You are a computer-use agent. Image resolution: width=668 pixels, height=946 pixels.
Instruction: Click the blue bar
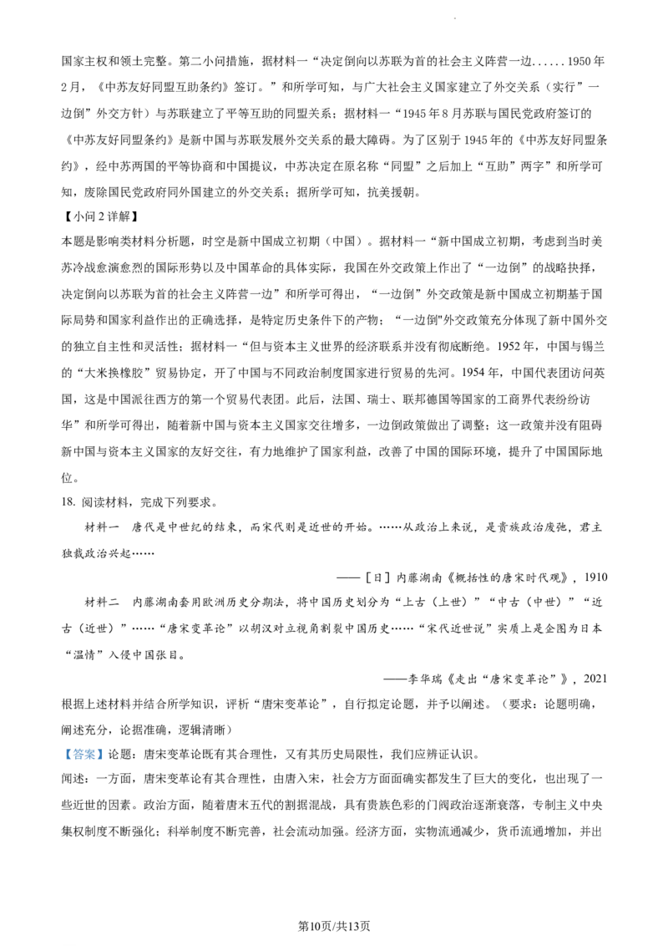(83, 755)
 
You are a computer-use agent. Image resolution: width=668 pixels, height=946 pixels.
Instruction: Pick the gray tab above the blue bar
(83, 745)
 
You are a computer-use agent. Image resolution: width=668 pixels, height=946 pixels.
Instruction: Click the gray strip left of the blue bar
(63, 755)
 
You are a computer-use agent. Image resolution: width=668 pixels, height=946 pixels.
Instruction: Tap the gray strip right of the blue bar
(104, 755)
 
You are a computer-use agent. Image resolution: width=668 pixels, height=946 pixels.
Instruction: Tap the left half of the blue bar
(74, 755)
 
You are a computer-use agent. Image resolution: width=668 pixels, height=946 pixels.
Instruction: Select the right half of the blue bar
(94, 755)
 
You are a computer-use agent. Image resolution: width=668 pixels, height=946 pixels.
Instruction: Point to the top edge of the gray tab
(83, 743)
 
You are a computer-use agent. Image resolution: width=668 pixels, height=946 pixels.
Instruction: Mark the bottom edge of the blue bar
(83, 760)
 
